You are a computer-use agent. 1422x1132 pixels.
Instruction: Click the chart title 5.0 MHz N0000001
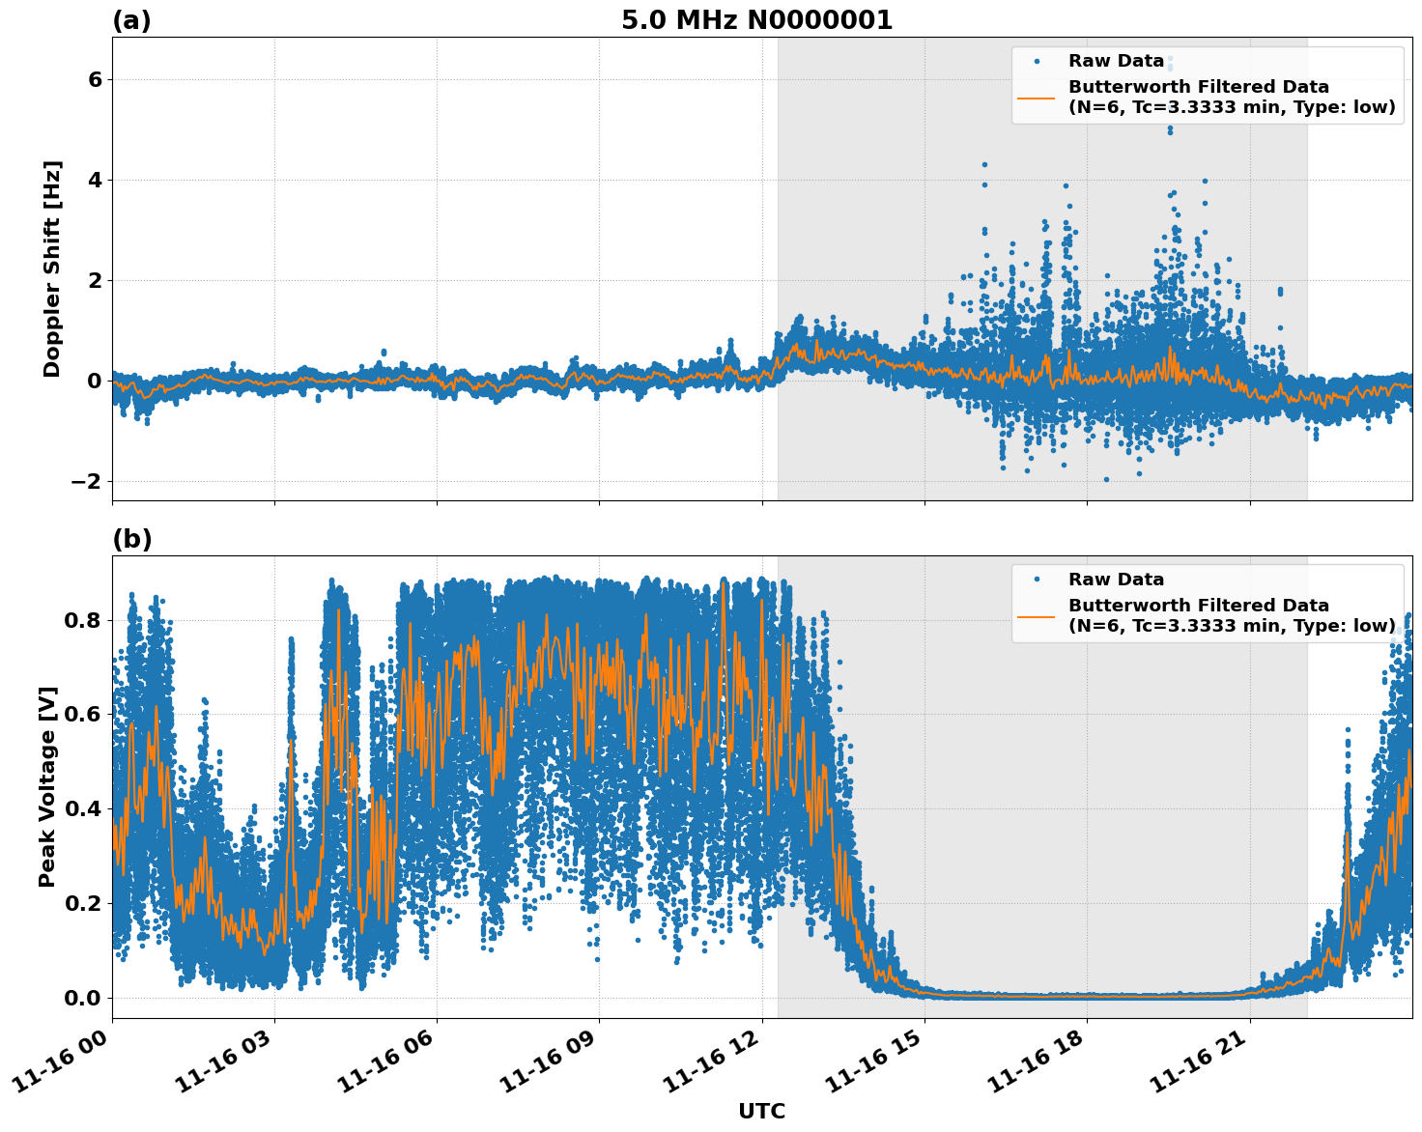pos(756,20)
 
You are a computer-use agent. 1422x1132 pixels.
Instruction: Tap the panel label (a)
pos(131,20)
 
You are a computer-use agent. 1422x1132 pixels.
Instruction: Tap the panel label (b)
pos(131,539)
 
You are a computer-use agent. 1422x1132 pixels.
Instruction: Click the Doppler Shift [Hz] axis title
pos(52,269)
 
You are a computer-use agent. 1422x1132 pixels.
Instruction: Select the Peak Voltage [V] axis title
pos(47,786)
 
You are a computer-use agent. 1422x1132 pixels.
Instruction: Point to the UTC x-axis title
pos(761,1111)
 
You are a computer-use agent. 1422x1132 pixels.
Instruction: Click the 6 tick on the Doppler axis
pos(95,79)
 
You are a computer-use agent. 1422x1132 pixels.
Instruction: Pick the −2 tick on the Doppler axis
pos(87,481)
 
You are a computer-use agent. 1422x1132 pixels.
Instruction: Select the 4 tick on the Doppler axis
pos(95,180)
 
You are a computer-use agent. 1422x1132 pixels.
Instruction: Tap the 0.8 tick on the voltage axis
pos(83,620)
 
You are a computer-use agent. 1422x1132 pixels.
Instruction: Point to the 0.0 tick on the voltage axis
pos(83,998)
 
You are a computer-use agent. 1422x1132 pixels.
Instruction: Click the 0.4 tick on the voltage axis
pos(83,808)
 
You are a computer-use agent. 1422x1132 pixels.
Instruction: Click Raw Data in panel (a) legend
pos(1116,61)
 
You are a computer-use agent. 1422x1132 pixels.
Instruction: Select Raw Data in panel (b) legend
pos(1116,580)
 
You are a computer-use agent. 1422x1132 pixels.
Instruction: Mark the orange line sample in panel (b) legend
pos(1037,615)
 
